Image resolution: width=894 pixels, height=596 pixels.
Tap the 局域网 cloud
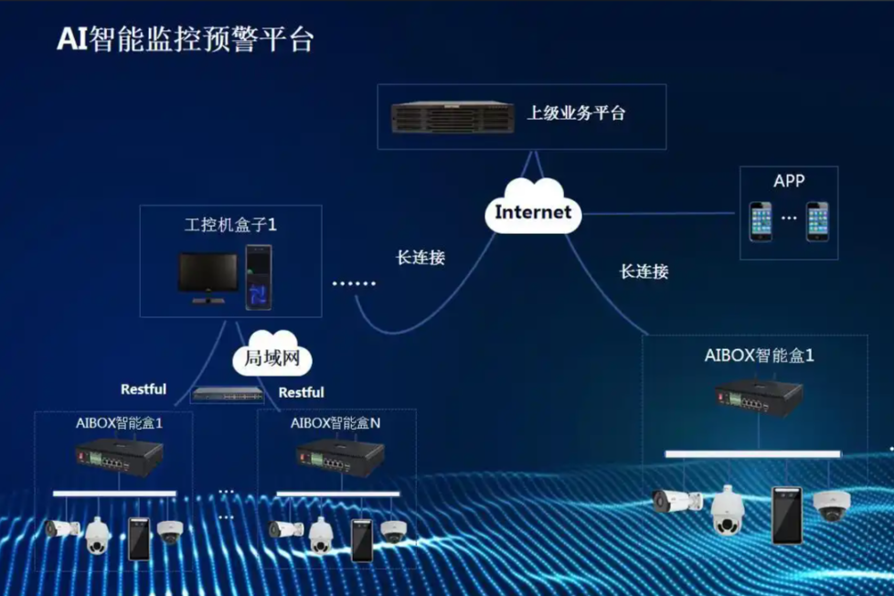click(272, 354)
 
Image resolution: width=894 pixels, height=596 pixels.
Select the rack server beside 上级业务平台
click(452, 118)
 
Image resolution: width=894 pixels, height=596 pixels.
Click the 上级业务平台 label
click(576, 113)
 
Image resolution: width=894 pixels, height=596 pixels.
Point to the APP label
click(789, 181)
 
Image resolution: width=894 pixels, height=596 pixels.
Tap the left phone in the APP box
click(761, 221)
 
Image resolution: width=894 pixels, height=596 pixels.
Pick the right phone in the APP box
click(817, 221)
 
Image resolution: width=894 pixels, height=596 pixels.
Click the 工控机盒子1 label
click(230, 225)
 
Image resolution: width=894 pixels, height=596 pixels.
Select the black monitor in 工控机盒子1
click(208, 278)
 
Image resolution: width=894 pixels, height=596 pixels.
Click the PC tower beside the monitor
click(259, 277)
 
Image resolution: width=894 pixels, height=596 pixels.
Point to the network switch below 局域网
click(228, 394)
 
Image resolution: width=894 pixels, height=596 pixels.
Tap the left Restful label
click(144, 389)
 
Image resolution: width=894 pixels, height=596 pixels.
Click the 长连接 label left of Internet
click(420, 258)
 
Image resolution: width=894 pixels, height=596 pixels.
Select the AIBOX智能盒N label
click(335, 423)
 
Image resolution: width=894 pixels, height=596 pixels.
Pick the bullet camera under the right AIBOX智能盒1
click(677, 501)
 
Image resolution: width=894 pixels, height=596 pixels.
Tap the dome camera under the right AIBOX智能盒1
click(832, 505)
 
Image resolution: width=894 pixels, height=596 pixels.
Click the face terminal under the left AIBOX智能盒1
click(139, 538)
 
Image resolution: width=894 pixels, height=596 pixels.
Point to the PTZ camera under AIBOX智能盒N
click(321, 536)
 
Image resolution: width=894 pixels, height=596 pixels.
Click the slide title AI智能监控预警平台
click(186, 40)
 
